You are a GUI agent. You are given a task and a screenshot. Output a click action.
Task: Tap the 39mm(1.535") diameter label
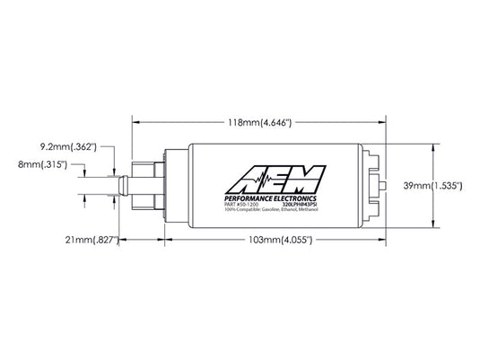click(433, 186)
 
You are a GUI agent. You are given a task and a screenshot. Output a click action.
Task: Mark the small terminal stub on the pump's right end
click(385, 186)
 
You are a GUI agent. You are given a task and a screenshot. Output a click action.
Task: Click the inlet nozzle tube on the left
click(121, 186)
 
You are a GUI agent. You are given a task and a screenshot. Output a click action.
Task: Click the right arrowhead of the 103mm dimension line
click(383, 241)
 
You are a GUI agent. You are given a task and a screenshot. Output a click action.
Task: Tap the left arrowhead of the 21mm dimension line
click(118, 241)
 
